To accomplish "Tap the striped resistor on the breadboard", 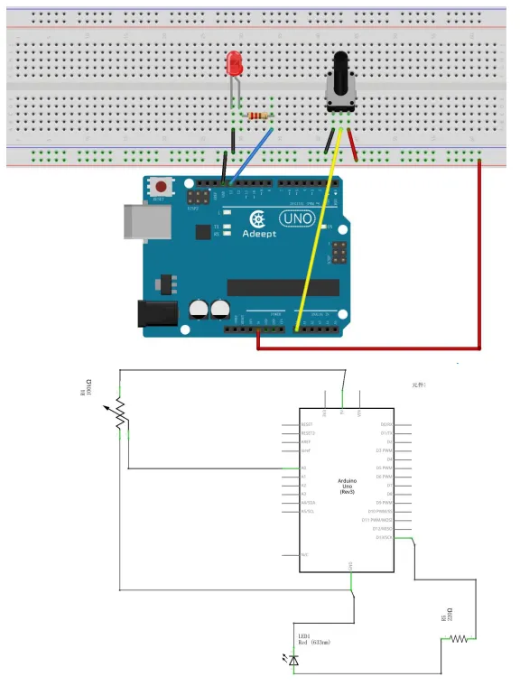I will coord(260,116).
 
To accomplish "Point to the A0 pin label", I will coord(303,468).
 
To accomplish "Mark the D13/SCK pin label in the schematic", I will coord(387,538).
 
